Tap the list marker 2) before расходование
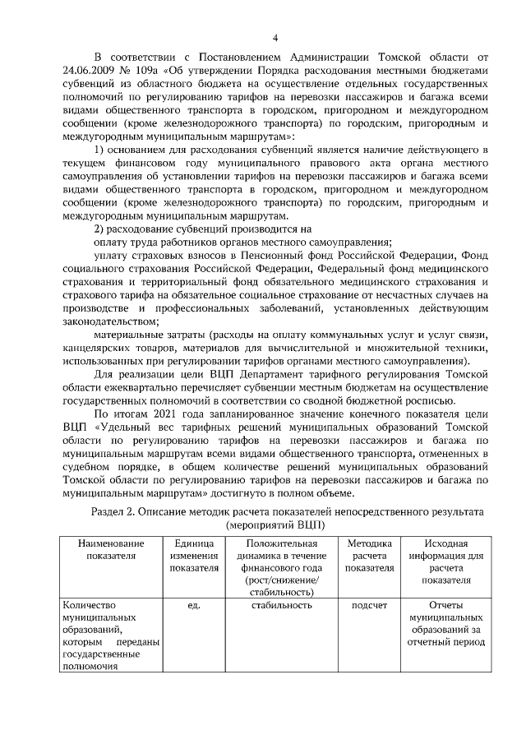pos(100,227)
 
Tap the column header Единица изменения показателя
pos(194,556)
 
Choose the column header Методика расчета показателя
pos(369,556)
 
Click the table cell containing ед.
pos(194,606)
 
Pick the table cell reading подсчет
pos(369,606)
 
